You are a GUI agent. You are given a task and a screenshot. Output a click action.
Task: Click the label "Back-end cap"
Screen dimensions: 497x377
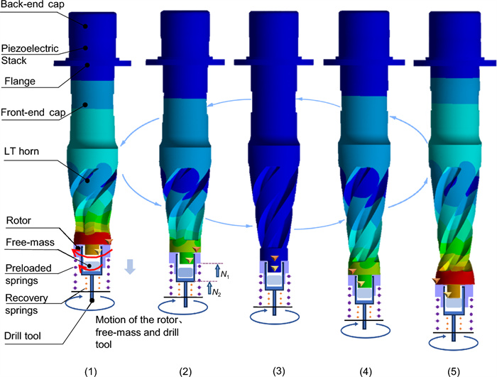coord(33,4)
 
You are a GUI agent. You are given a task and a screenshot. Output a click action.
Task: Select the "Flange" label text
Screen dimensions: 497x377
coord(20,82)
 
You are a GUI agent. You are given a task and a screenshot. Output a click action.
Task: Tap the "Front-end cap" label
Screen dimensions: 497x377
coord(33,112)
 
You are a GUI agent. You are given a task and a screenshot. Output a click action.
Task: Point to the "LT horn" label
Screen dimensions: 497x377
coord(21,151)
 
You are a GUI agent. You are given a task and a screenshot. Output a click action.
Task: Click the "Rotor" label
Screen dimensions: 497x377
coord(18,220)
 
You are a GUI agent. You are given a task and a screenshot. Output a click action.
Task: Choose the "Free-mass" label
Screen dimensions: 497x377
coord(30,242)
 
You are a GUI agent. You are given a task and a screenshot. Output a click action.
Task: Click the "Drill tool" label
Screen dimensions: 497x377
coord(23,336)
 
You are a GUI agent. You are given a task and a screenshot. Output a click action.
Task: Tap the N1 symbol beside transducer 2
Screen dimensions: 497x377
coord(225,274)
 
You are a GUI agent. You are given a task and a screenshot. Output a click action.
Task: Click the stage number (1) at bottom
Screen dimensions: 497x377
coord(90,371)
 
